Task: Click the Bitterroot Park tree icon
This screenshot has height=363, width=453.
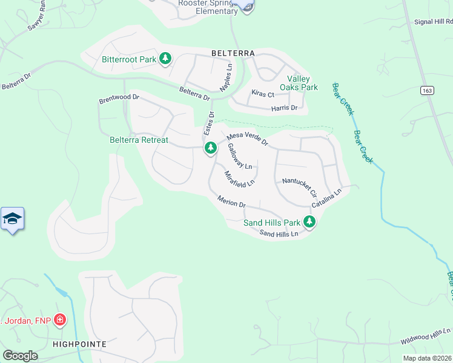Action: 165,59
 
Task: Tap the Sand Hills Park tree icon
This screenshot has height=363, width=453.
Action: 309,222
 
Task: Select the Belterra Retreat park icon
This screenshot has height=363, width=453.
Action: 210,148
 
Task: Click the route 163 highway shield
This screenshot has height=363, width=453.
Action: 411,90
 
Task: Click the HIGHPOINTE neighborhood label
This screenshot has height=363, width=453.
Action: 79,344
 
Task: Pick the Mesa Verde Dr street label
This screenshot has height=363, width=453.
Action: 247,140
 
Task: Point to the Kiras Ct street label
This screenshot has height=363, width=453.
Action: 263,94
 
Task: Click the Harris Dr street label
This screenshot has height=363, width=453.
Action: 285,108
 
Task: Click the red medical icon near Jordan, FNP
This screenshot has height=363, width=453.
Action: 59,319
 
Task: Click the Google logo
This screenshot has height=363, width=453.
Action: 20,355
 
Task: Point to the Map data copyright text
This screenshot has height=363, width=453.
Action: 427,358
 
